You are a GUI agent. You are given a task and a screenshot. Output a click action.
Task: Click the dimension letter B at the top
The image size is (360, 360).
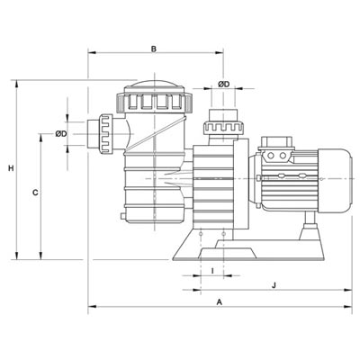154,49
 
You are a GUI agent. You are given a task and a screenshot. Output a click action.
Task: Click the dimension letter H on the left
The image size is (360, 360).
11,168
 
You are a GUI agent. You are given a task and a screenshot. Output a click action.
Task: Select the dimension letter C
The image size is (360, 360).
35,193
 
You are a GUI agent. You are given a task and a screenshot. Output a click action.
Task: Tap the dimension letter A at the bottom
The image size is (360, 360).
220,301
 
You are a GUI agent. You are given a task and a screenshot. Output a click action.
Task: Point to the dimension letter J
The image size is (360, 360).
274,285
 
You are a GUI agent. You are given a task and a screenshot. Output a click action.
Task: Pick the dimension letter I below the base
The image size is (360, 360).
212,271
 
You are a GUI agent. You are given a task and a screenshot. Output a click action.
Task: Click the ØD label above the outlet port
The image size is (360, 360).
223,85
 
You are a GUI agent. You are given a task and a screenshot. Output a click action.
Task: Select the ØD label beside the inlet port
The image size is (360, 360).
61,134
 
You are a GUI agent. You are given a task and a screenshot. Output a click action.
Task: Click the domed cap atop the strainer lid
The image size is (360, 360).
154,84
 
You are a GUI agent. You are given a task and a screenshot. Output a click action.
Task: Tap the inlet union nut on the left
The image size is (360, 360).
105,134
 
